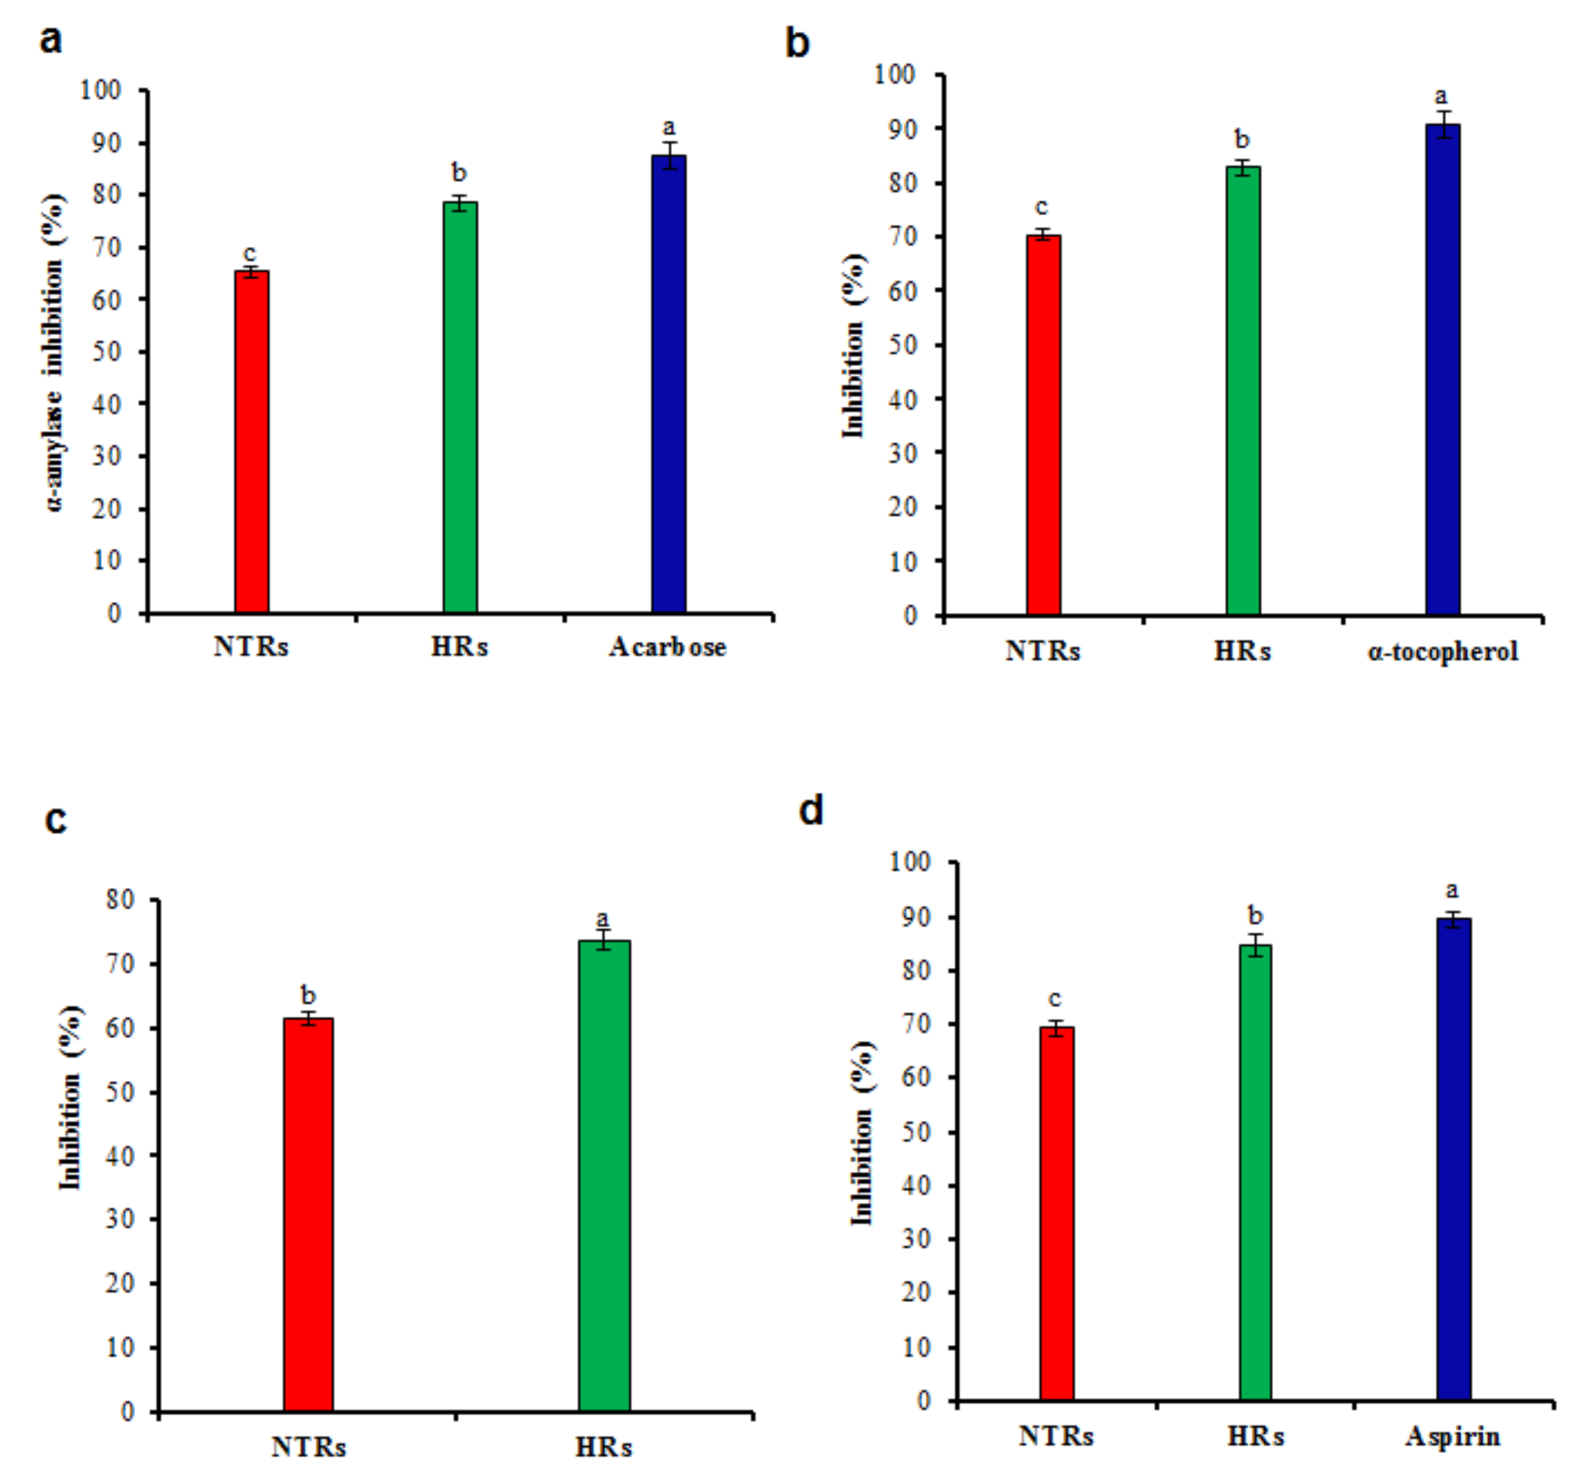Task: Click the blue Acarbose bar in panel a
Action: click(669, 384)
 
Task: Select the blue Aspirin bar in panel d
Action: click(1453, 1159)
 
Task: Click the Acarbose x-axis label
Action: click(668, 647)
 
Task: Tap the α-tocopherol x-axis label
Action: click(1443, 651)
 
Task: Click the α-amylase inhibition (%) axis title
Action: click(54, 352)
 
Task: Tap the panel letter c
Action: click(55, 819)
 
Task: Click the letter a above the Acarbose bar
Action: click(669, 126)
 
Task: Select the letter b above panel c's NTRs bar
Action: click(307, 995)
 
